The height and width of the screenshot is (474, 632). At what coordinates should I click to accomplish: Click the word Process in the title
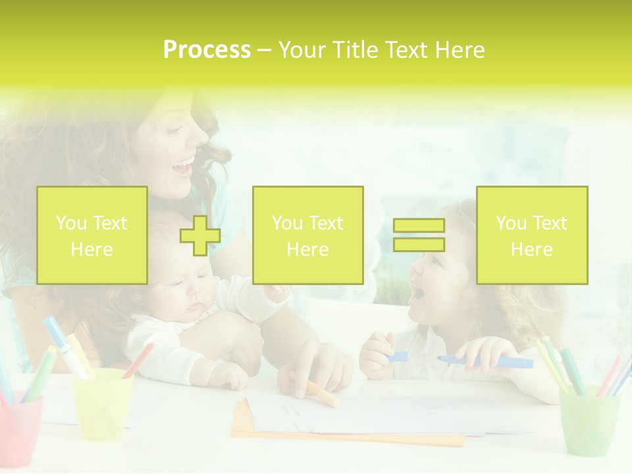207,50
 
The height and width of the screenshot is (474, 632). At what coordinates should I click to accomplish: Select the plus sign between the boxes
200,236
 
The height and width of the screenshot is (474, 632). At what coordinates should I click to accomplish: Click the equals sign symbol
419,235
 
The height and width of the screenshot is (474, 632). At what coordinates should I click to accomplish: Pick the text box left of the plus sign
92,235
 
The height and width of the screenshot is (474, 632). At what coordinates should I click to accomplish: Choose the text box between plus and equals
307,235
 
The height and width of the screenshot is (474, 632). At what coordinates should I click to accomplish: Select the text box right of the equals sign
532,235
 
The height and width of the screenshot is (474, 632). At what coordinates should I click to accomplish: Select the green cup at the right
589,420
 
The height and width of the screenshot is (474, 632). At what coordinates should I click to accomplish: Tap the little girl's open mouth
416,295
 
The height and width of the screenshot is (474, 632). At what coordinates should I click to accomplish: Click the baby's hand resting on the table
227,376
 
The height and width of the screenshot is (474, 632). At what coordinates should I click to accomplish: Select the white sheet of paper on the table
369,415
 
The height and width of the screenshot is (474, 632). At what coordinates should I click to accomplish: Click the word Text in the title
404,50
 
